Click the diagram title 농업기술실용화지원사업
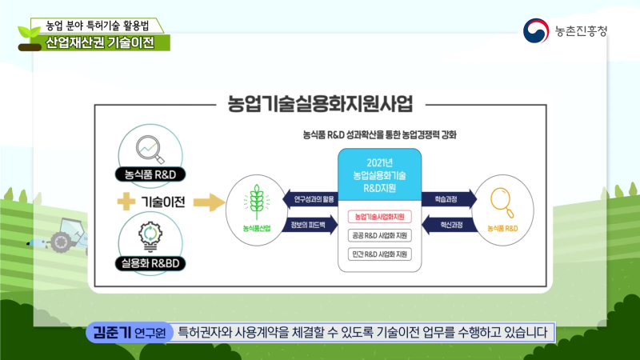pos(320,104)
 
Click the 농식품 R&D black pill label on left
pos(146,173)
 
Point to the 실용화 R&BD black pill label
pos(146,262)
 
